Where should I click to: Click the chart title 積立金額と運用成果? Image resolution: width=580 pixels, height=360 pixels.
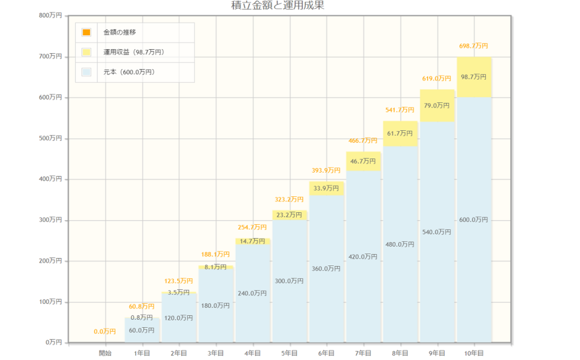(x=278, y=6)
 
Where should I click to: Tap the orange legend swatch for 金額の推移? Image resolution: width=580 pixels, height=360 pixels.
(x=86, y=32)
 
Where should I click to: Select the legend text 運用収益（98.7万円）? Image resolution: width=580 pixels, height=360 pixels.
(x=134, y=52)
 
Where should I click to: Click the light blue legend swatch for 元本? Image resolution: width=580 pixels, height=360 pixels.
(x=86, y=72)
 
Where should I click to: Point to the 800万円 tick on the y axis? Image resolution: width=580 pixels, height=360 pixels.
(x=50, y=16)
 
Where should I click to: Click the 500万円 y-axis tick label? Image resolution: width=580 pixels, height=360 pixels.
(x=50, y=138)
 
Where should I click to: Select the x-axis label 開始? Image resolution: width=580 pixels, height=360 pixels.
(x=105, y=353)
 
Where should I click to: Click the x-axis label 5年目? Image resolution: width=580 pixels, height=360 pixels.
(x=289, y=353)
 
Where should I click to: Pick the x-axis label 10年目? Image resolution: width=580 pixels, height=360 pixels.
(x=474, y=353)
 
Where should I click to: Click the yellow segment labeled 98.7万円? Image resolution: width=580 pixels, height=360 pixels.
(x=474, y=77)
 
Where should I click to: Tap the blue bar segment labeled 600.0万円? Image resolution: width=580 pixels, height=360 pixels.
(x=474, y=220)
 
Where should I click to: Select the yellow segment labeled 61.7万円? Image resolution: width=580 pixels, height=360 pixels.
(x=400, y=134)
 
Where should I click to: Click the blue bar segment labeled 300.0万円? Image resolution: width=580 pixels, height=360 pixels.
(x=289, y=281)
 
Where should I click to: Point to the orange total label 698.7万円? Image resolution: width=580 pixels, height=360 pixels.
(x=474, y=46)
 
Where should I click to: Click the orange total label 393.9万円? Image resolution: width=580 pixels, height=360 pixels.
(x=326, y=170)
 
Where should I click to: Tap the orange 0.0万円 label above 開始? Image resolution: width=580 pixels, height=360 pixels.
(x=105, y=332)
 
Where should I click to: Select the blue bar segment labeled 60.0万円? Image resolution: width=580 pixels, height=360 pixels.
(x=142, y=331)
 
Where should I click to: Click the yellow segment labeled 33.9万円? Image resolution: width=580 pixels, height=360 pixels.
(x=326, y=188)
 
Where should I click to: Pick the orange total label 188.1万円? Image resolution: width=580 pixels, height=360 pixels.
(x=216, y=255)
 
